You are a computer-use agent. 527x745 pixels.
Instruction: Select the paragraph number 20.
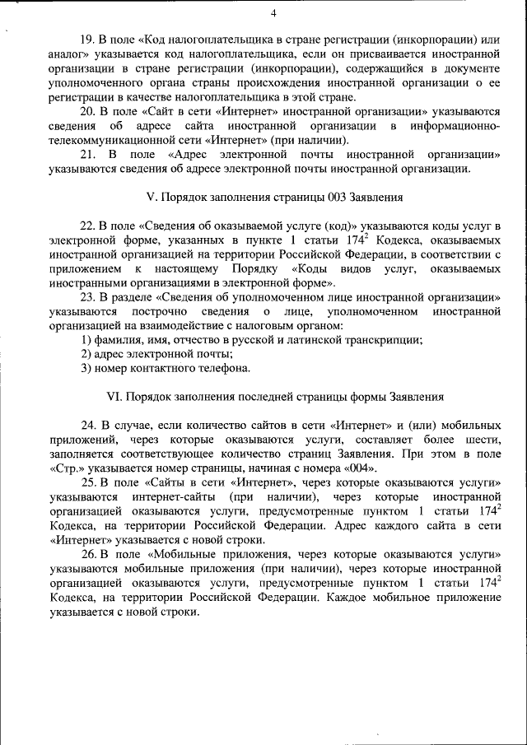point(87,111)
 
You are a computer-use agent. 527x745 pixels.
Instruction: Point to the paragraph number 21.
point(86,154)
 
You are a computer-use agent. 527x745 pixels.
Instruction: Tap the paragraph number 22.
point(87,226)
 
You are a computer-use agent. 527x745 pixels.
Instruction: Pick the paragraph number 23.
point(87,296)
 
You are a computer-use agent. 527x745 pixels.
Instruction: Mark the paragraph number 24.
point(87,426)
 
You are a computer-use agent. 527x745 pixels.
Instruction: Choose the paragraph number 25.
point(87,483)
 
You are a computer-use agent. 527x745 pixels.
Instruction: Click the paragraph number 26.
point(87,555)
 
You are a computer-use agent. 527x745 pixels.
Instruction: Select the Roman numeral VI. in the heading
point(114,396)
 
